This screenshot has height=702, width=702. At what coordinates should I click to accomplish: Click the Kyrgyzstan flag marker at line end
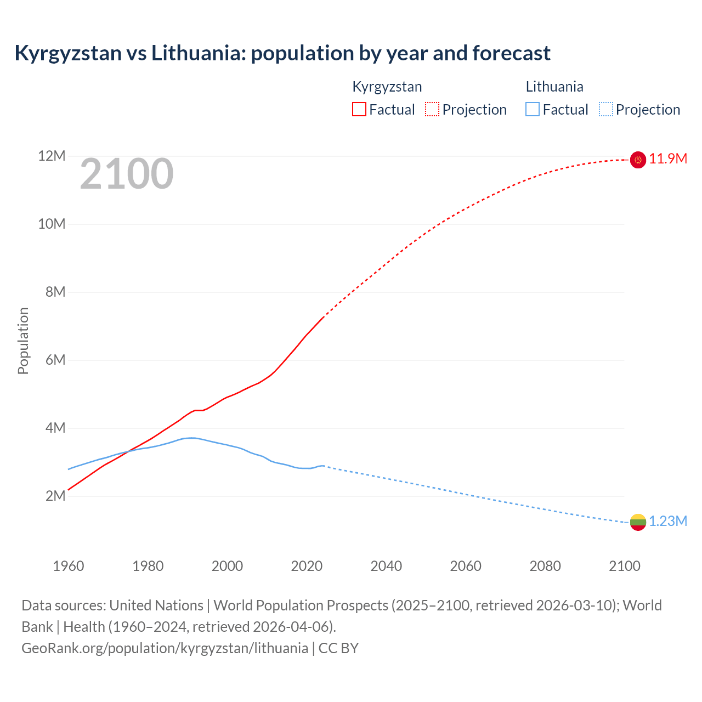click(x=638, y=160)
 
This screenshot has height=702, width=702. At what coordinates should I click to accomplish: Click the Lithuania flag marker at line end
click(x=638, y=522)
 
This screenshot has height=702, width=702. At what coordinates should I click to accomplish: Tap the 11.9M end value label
click(x=667, y=159)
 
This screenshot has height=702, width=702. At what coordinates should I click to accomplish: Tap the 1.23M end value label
click(x=667, y=522)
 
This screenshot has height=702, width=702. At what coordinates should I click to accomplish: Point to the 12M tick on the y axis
click(x=52, y=156)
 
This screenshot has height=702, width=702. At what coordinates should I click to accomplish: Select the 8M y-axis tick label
click(x=55, y=292)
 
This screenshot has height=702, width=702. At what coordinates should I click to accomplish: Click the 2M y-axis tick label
click(x=55, y=496)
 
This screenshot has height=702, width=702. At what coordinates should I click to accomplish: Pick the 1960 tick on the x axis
click(x=69, y=566)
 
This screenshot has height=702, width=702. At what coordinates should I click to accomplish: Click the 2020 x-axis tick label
click(x=307, y=566)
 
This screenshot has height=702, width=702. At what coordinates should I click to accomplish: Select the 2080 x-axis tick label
click(x=545, y=566)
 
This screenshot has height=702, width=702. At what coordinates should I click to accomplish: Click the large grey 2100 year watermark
click(x=127, y=174)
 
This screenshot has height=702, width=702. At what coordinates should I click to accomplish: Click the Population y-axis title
click(x=23, y=341)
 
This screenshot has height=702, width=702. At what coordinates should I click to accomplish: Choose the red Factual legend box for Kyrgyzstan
click(x=359, y=110)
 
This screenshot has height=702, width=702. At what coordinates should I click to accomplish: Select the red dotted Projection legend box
click(x=432, y=110)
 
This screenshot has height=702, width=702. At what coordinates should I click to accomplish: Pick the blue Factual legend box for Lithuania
click(x=533, y=110)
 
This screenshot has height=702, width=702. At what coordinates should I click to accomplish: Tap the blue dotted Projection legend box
click(x=606, y=110)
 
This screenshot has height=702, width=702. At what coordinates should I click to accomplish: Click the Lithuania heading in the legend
click(x=554, y=87)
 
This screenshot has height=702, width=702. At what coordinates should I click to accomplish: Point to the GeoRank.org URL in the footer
click(x=165, y=648)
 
